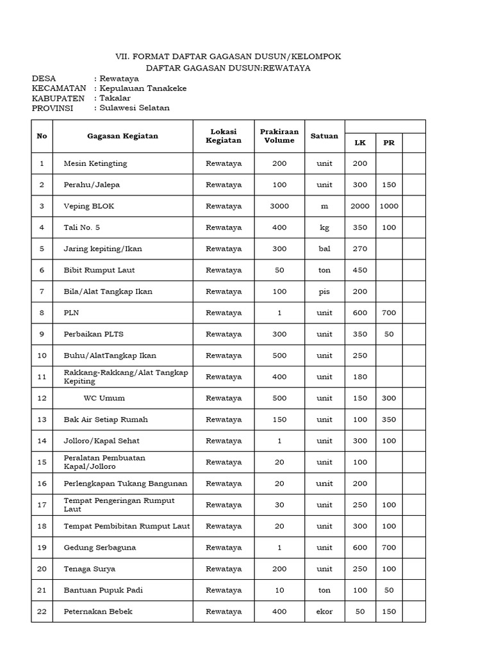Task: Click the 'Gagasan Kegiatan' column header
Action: (122, 136)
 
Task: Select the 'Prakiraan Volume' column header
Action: (279, 136)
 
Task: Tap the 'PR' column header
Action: (389, 142)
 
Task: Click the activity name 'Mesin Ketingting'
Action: (95, 163)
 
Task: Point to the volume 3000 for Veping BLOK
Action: (279, 206)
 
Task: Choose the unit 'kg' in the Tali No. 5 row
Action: (324, 227)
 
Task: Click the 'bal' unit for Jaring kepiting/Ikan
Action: (324, 249)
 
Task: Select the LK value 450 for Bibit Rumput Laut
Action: (360, 270)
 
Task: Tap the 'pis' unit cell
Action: (324, 291)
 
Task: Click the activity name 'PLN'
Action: (71, 313)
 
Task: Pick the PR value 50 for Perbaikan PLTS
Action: (389, 334)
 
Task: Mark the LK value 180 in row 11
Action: (360, 377)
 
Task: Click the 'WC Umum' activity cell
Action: (104, 398)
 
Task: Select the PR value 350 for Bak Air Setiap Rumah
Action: (389, 420)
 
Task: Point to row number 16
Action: (42, 484)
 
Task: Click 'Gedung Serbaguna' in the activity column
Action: (100, 548)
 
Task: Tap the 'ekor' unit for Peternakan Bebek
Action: (324, 612)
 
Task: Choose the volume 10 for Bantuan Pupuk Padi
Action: (279, 590)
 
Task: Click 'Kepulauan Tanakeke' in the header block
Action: (143, 88)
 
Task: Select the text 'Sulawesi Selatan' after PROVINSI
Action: (135, 108)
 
